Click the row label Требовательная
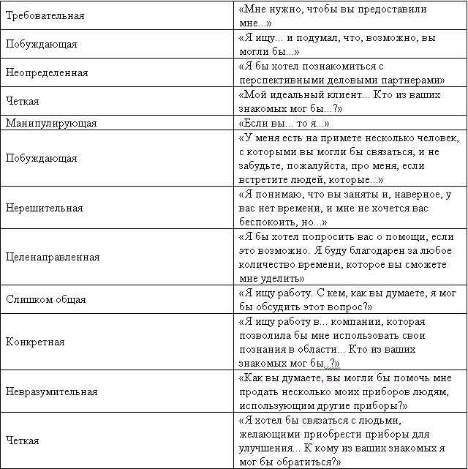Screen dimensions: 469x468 [x=45, y=15]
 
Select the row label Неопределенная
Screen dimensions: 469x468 [x=47, y=73]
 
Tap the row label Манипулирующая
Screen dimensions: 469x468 [x=51, y=124]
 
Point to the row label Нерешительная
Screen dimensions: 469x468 [x=44, y=208]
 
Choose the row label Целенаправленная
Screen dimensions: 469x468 [x=53, y=258]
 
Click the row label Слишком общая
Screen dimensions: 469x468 [x=46, y=299]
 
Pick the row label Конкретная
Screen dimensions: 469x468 [x=35, y=342]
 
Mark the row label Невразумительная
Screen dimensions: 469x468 [x=52, y=391]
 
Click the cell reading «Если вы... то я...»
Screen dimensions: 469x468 [x=284, y=124]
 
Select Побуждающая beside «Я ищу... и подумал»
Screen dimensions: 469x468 [x=41, y=45]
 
